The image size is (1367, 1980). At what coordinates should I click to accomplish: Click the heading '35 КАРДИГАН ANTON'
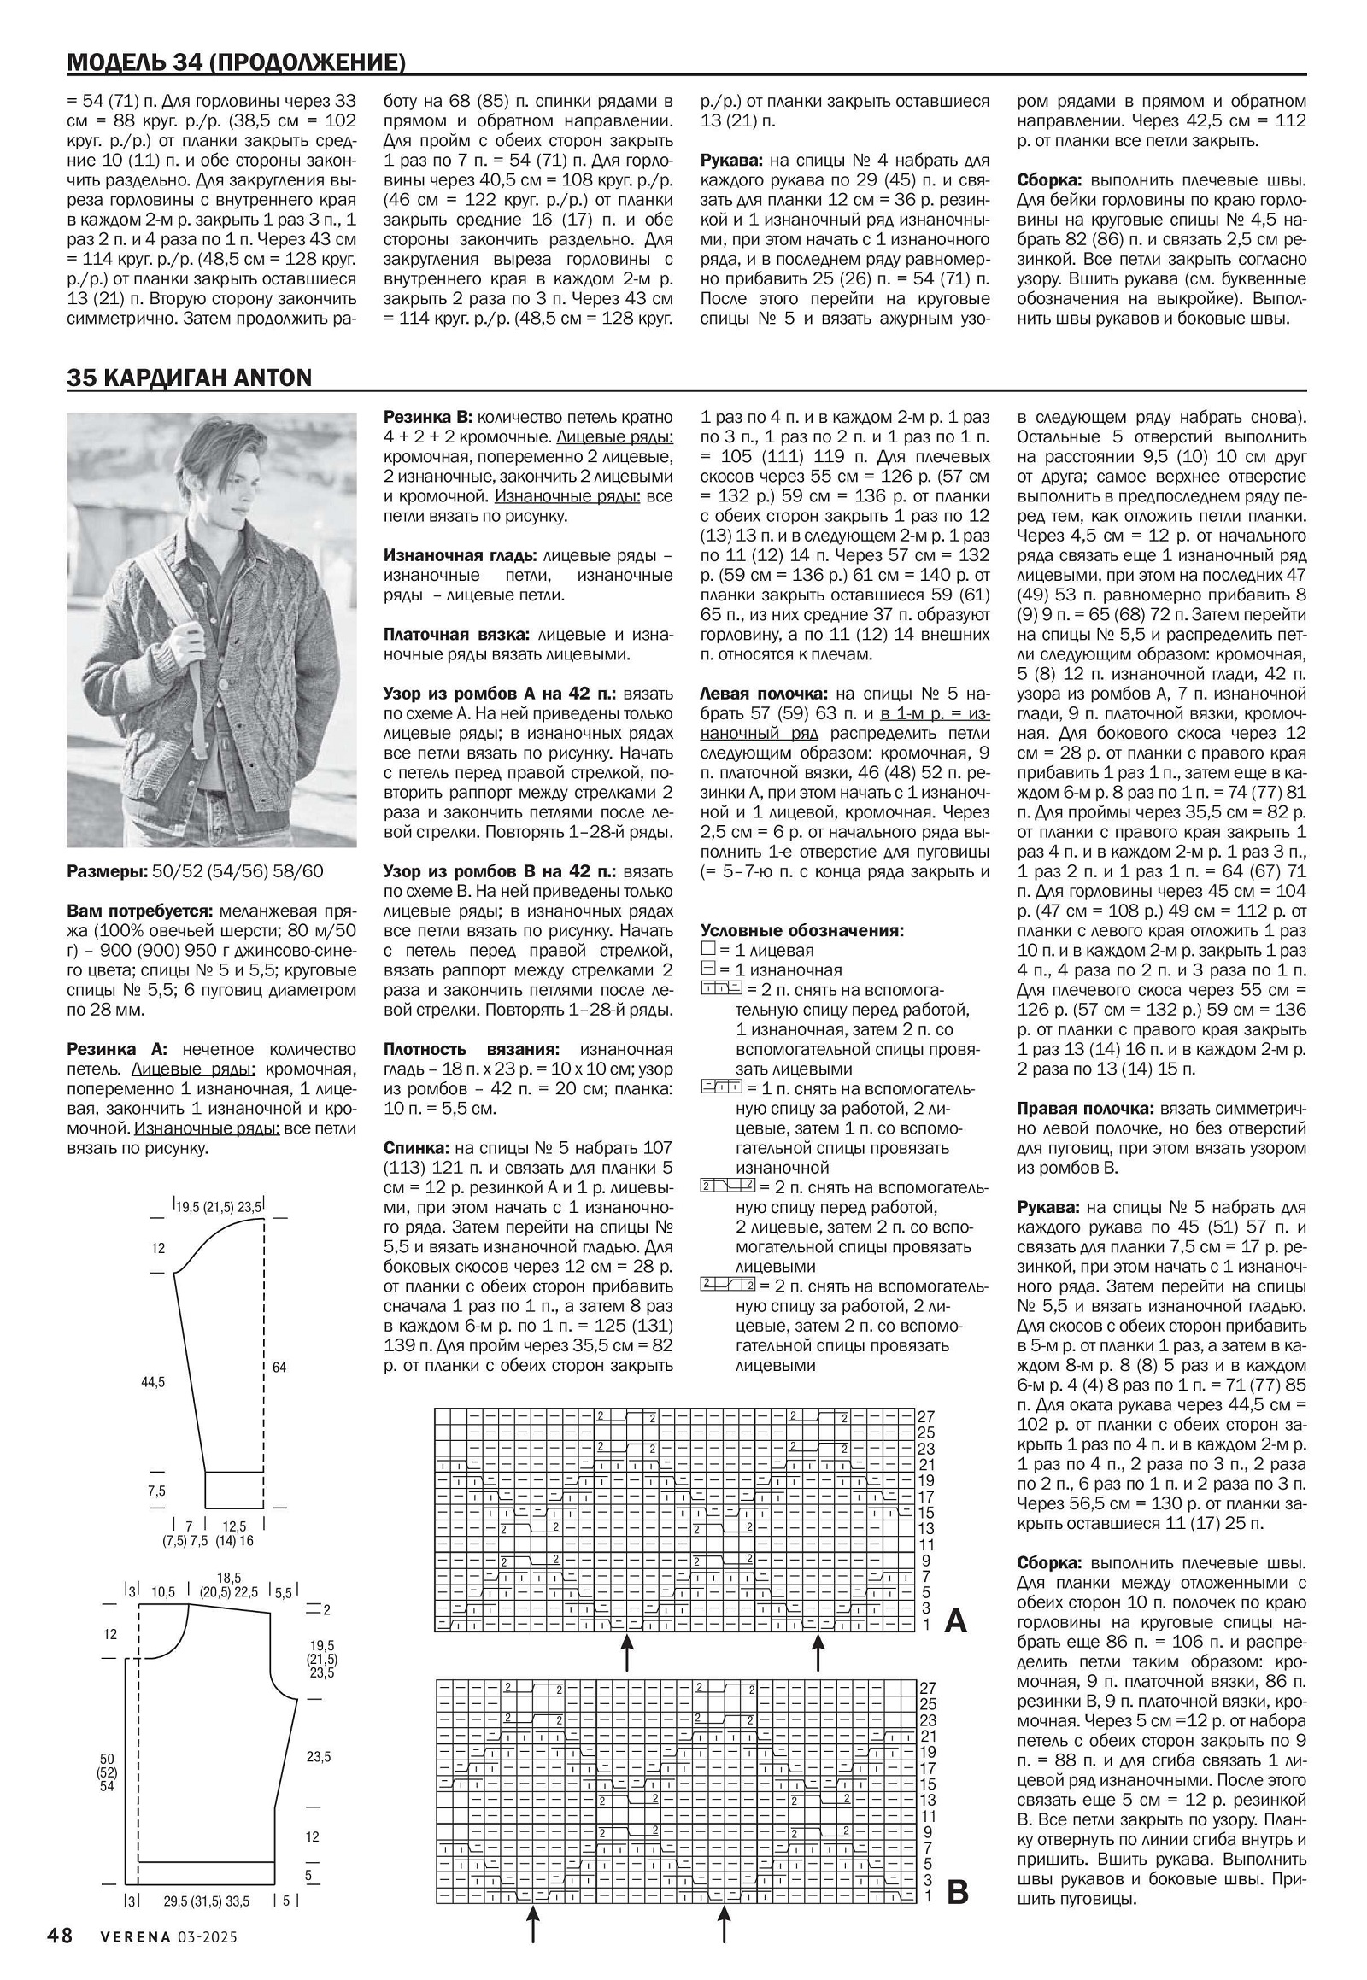point(190,378)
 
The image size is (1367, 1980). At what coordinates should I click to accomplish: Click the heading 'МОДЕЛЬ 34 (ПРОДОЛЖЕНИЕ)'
point(236,62)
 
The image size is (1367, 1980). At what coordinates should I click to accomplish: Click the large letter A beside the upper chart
point(955,1621)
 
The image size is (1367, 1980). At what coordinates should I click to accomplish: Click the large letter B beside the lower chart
point(958,1892)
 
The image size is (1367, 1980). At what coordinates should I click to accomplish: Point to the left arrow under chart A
point(627,1652)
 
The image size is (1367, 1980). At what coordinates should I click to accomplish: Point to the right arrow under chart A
point(817,1652)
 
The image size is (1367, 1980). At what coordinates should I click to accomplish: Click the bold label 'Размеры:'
point(108,872)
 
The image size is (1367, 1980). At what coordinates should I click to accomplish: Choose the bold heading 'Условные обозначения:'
point(801,931)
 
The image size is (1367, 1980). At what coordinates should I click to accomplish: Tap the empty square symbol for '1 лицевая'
point(707,950)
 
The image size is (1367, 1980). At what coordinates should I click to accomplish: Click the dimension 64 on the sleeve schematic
point(279,1368)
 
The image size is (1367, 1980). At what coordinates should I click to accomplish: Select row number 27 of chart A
point(926,1417)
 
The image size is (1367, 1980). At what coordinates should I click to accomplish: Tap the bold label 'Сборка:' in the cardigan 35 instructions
point(1049,1563)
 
